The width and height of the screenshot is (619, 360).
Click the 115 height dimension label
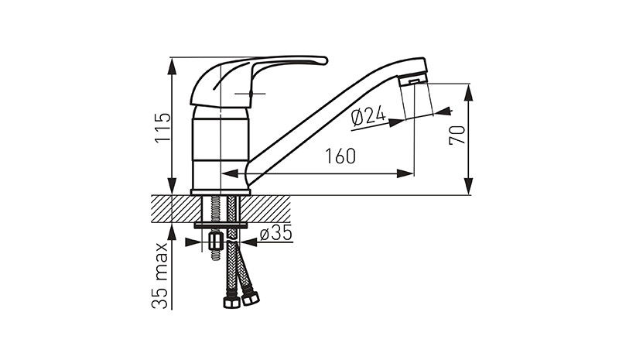click(163, 127)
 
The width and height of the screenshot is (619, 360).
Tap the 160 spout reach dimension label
click(340, 156)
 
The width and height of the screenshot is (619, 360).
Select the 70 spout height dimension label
click(457, 135)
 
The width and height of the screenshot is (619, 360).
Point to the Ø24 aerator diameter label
click(368, 117)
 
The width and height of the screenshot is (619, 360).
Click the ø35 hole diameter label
click(275, 233)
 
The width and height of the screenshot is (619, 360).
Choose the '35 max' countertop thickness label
click(160, 276)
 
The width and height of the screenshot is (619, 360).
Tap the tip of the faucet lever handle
click(325, 60)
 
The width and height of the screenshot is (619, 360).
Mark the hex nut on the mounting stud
click(216, 241)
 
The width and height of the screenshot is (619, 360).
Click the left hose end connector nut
click(231, 302)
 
